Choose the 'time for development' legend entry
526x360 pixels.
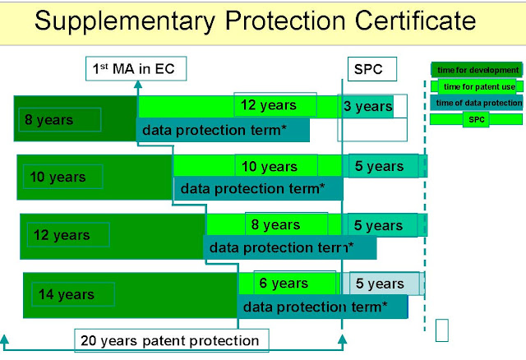(x=477, y=70)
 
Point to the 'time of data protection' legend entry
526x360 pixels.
(x=477, y=103)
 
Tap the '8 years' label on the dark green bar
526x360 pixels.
(x=49, y=120)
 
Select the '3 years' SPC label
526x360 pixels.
(x=367, y=106)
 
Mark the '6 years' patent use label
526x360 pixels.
(x=284, y=284)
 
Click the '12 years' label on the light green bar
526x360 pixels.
(x=267, y=105)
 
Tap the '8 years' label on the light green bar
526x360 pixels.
(x=275, y=224)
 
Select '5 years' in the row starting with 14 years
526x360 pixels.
(x=380, y=284)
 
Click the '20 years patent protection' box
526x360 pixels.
(x=170, y=339)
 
